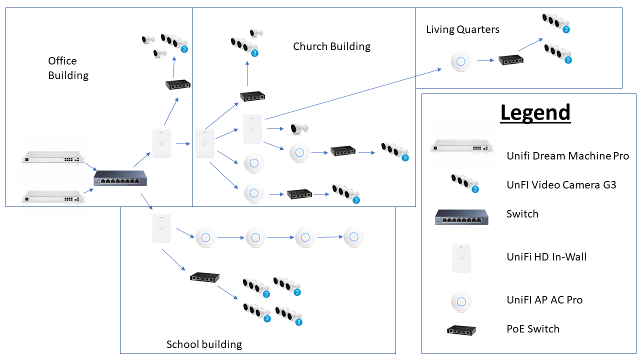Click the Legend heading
point(535,113)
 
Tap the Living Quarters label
point(462,29)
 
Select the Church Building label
point(331,46)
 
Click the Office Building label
point(68,68)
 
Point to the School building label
point(204,344)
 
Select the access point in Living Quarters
point(461,61)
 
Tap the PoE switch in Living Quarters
point(510,60)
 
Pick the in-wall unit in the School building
point(161,228)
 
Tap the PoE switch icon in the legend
point(461,329)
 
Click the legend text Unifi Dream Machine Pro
point(567,156)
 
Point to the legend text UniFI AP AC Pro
point(544,300)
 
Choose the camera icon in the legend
point(464,183)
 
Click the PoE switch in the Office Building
point(178,84)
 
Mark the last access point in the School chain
point(354,237)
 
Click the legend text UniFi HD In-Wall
point(546,257)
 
